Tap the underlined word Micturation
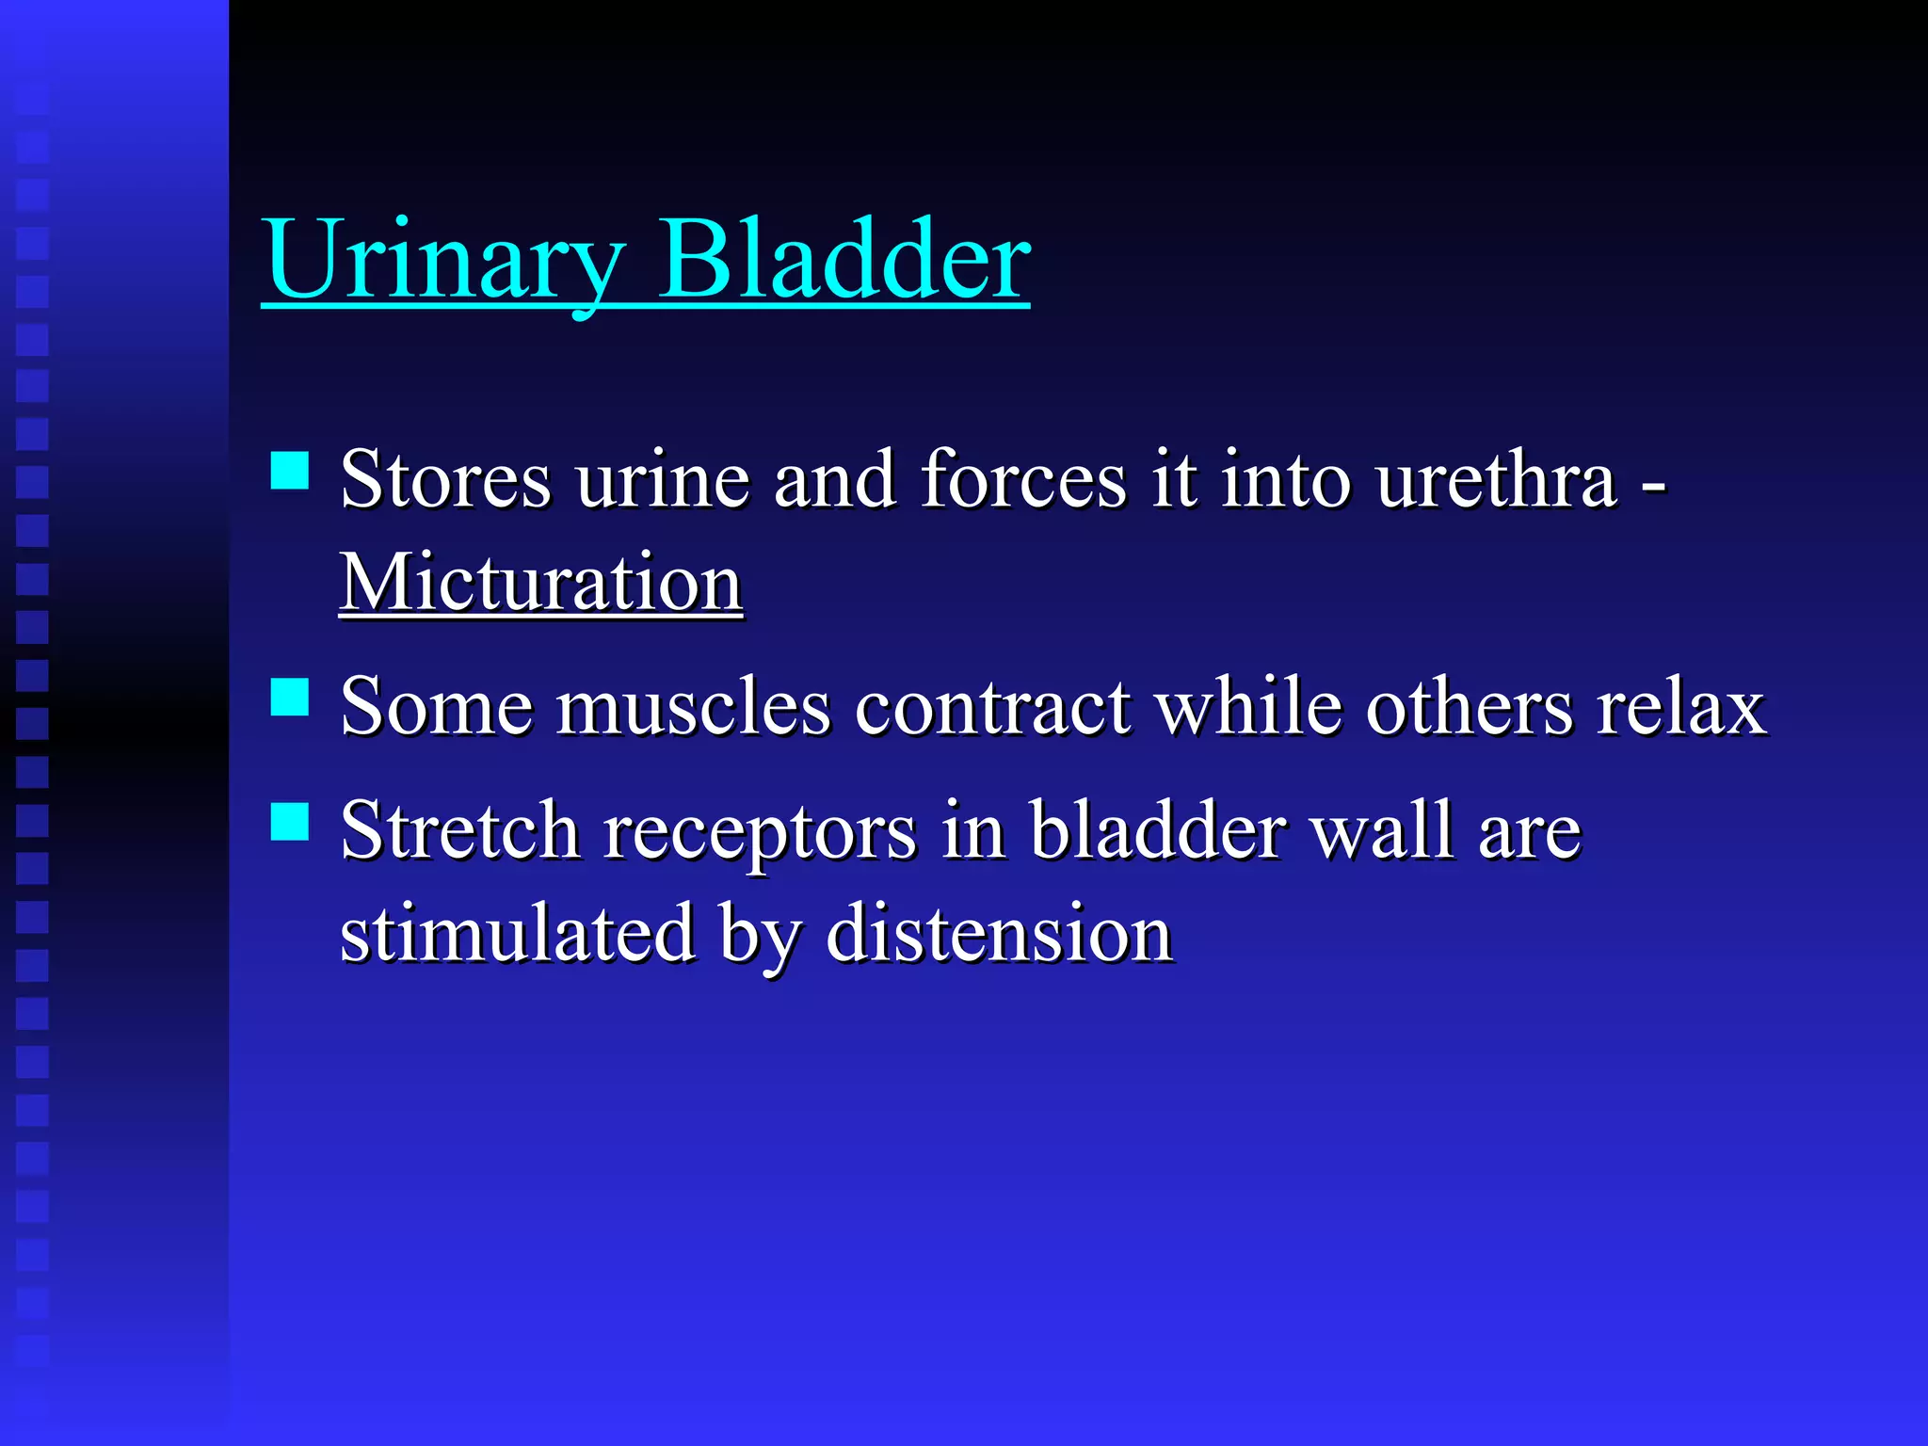pyautogui.click(x=541, y=583)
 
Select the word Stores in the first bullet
pyautogui.click(x=445, y=480)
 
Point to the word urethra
pyautogui.click(x=1496, y=480)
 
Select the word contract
pyautogui.click(x=992, y=707)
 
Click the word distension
pyautogui.click(x=999, y=934)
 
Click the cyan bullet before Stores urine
pyautogui.click(x=290, y=471)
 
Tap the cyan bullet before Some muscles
pyautogui.click(x=290, y=698)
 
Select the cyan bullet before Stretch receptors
pyautogui.click(x=290, y=821)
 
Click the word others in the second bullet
pyautogui.click(x=1469, y=707)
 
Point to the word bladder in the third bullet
pyautogui.click(x=1158, y=830)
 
